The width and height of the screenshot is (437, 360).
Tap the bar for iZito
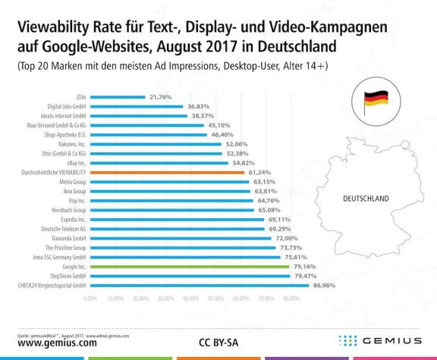pos(118,97)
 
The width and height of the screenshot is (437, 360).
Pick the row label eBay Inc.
pos(74,163)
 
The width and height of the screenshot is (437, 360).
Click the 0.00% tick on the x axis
pos(91,299)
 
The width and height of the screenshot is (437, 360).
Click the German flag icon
pos(376,101)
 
